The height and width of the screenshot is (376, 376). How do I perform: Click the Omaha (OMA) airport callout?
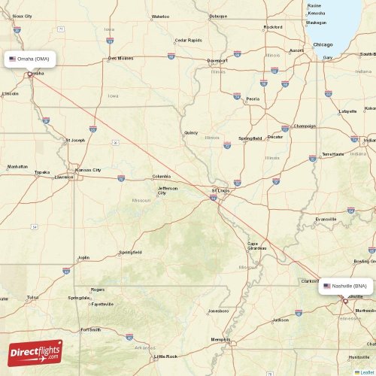30,59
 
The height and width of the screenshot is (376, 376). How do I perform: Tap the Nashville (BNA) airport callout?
345,286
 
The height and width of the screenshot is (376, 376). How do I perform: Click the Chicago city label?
323,44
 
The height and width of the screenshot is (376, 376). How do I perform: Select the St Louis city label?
220,190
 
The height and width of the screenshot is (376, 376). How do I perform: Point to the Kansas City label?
88,170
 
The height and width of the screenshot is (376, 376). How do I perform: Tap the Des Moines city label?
120,58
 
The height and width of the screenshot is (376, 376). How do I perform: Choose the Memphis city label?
220,339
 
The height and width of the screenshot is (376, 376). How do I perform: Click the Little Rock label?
165,356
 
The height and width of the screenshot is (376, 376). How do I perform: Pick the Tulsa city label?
32,297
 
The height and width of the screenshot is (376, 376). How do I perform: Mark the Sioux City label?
23,16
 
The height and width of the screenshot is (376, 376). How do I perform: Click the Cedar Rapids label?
187,40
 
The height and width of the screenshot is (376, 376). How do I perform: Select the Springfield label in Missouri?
130,252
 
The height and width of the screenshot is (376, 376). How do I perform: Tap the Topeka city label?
42,172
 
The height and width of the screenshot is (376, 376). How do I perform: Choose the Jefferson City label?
167,190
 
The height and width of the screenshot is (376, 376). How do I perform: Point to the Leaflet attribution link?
366,371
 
